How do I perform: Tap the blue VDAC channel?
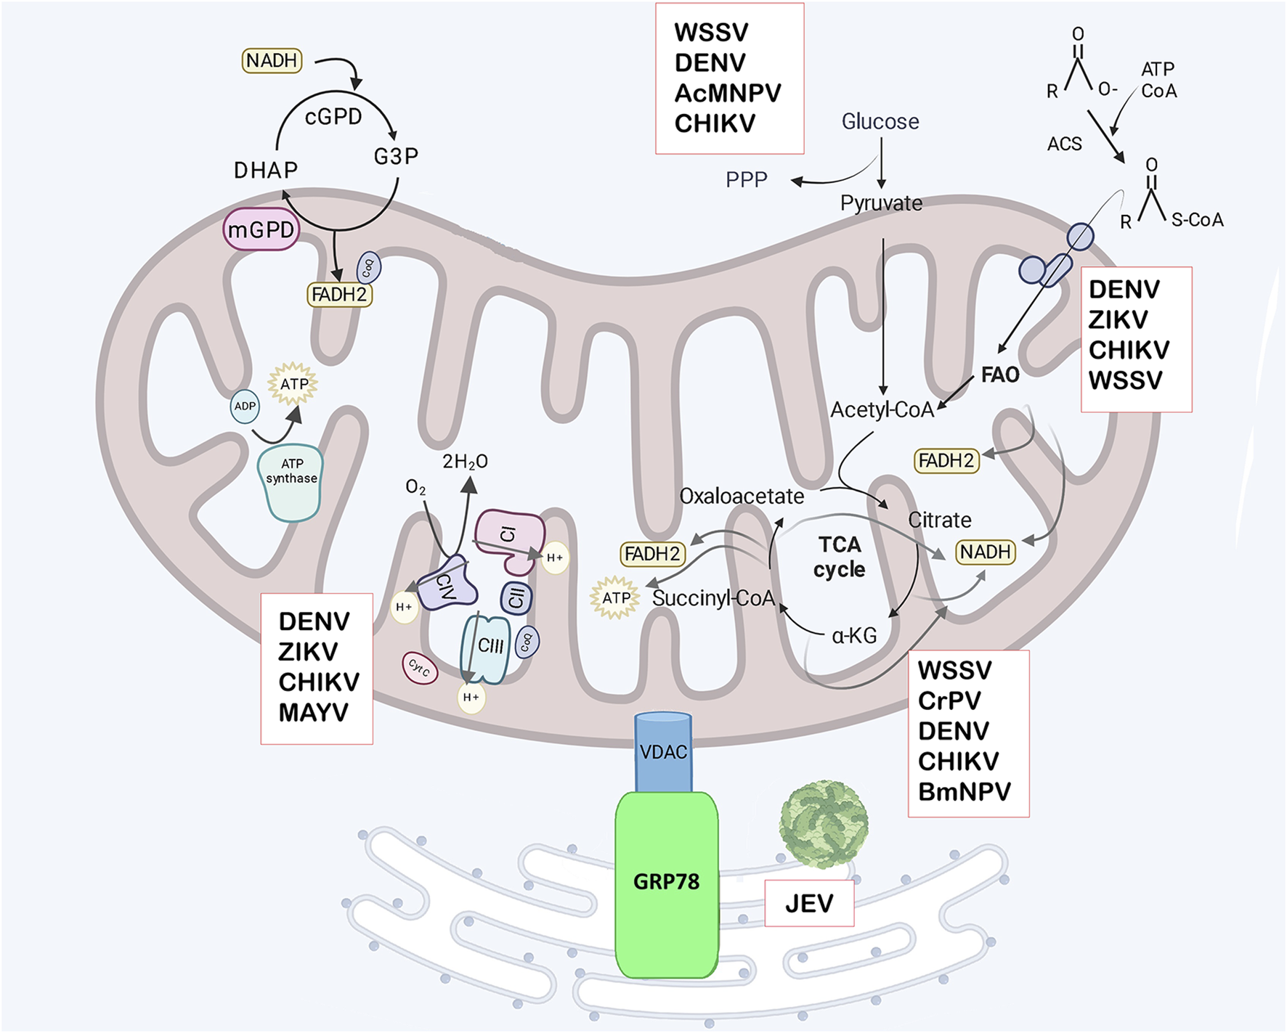(x=663, y=752)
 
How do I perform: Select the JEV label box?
(x=809, y=904)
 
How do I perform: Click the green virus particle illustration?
(x=824, y=825)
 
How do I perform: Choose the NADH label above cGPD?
(x=272, y=60)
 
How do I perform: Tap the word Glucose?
(x=880, y=121)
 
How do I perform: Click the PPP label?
(x=747, y=180)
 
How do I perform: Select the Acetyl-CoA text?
(x=882, y=410)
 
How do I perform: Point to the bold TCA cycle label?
(x=840, y=557)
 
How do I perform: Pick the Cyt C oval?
(x=419, y=668)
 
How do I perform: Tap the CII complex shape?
(x=516, y=598)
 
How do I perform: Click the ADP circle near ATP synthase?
(x=245, y=407)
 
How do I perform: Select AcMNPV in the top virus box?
(x=728, y=94)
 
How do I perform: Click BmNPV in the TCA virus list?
(x=964, y=791)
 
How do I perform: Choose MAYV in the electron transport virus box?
(x=314, y=713)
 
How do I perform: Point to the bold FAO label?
(x=1000, y=375)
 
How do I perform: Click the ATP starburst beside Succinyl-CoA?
(x=616, y=598)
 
